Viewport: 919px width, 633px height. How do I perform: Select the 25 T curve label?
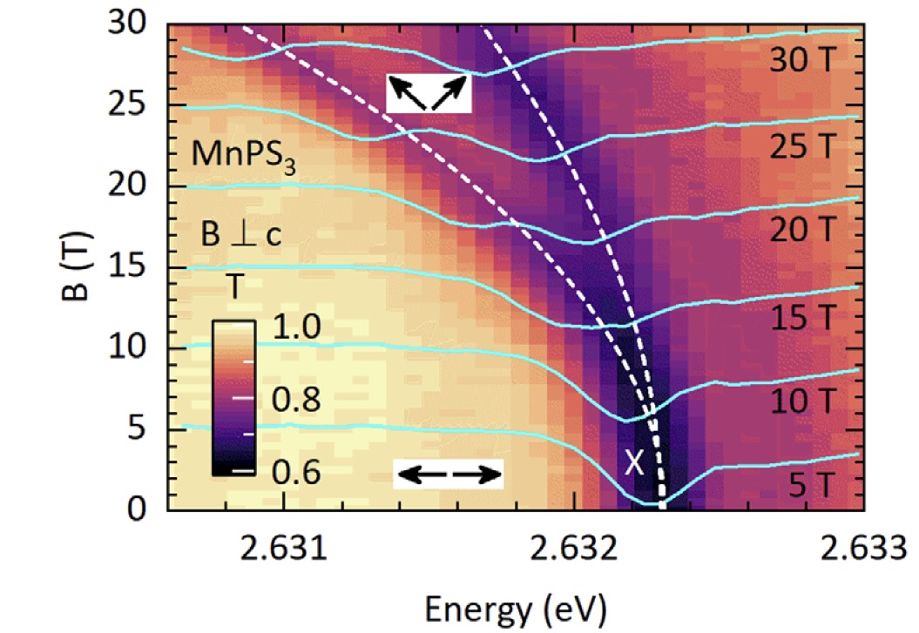click(x=806, y=148)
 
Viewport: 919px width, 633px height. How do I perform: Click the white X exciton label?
click(x=634, y=463)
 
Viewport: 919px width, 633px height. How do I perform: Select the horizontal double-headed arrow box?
click(x=447, y=474)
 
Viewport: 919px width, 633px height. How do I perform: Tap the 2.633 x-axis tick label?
click(x=863, y=551)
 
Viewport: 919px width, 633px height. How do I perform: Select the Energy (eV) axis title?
click(x=516, y=604)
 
